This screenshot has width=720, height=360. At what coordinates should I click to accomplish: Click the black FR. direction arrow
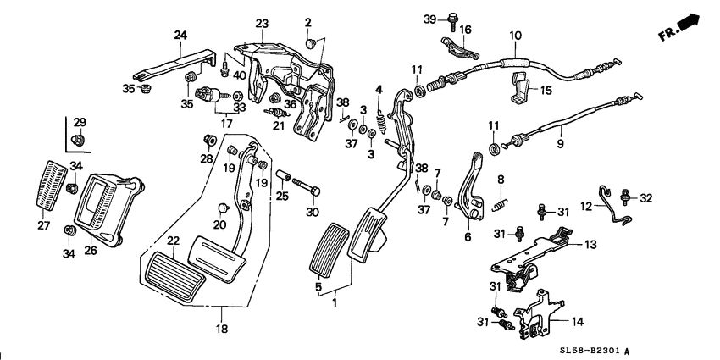click(x=689, y=23)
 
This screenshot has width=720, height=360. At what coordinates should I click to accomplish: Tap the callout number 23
click(x=263, y=24)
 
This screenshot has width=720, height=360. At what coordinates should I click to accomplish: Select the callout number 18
click(x=222, y=329)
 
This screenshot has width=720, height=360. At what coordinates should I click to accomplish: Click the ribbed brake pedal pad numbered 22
click(x=173, y=276)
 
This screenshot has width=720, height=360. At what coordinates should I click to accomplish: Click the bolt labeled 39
click(x=451, y=22)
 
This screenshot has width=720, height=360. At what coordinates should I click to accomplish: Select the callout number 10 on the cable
click(x=515, y=36)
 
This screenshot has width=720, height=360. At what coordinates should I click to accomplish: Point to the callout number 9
click(x=560, y=144)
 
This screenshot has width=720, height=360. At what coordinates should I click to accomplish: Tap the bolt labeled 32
click(x=624, y=197)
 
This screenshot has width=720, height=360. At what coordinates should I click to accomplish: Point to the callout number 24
click(x=180, y=35)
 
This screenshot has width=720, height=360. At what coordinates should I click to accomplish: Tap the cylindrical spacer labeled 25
click(x=282, y=176)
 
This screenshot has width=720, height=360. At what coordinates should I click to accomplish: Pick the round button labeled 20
click(x=223, y=208)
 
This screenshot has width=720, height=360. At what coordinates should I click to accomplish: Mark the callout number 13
click(x=590, y=245)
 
